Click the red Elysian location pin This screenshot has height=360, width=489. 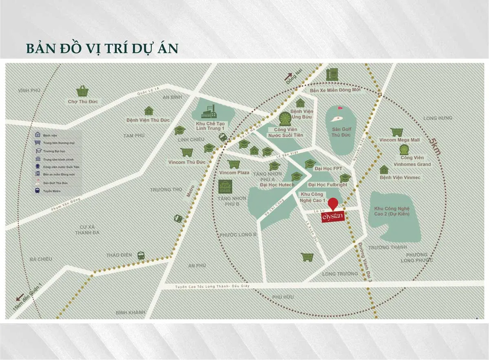coord(333,203)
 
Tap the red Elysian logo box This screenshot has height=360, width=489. coord(333,216)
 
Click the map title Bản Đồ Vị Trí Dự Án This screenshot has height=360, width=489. coord(102,48)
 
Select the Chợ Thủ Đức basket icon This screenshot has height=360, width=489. coord(83,91)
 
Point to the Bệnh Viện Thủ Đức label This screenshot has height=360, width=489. coord(148,120)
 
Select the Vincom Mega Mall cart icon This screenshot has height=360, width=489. coord(396,132)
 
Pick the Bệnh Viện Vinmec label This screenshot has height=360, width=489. coord(400,178)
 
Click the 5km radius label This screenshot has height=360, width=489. coord(435,145)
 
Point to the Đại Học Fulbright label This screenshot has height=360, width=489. coord(328,184)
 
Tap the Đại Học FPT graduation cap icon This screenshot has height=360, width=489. coord(310,164)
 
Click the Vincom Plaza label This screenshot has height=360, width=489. coord(234,173)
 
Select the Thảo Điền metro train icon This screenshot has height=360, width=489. coord(141,255)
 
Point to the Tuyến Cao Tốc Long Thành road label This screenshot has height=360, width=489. coord(211,286)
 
